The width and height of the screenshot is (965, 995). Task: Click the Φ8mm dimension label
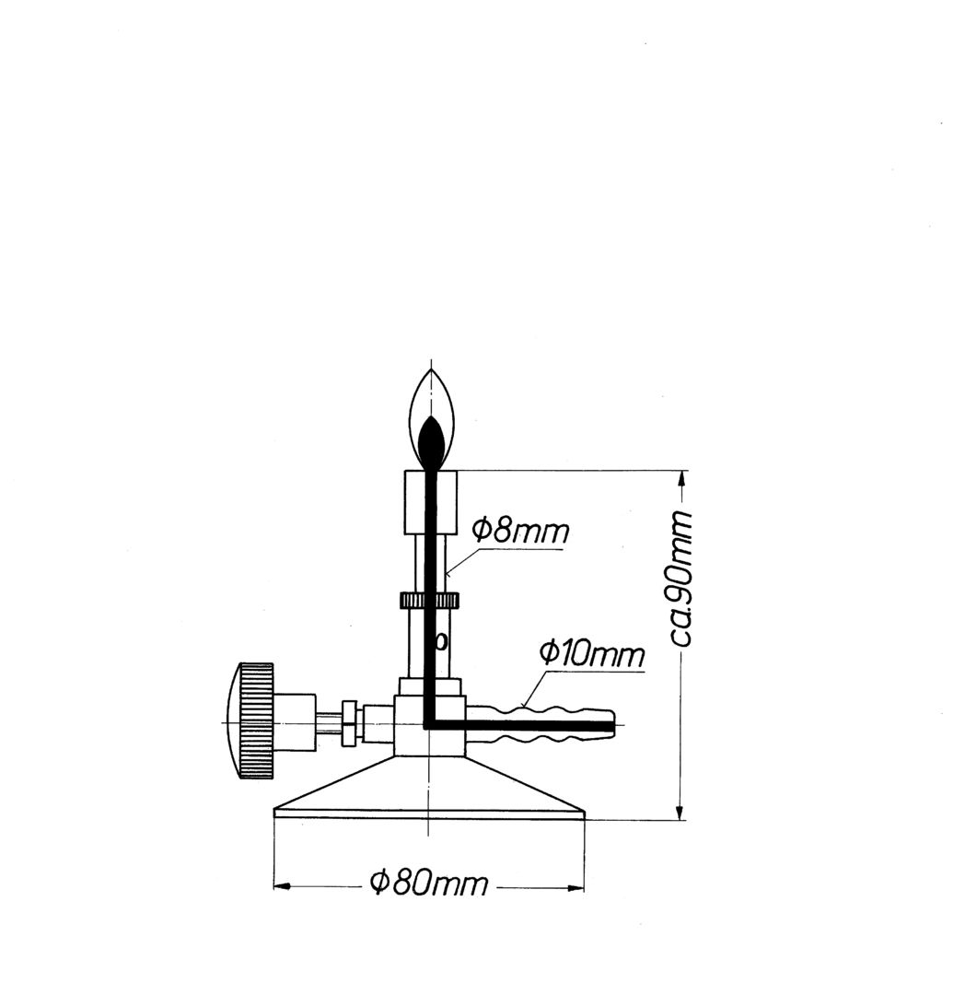521,532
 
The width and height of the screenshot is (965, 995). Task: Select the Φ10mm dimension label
591,653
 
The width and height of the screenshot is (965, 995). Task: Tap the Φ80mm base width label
428,883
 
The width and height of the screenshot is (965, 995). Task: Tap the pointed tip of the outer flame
432,369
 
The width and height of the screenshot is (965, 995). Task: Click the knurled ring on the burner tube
429,600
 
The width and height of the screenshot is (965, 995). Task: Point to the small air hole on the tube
441,641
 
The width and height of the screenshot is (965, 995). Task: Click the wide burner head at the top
431,501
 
